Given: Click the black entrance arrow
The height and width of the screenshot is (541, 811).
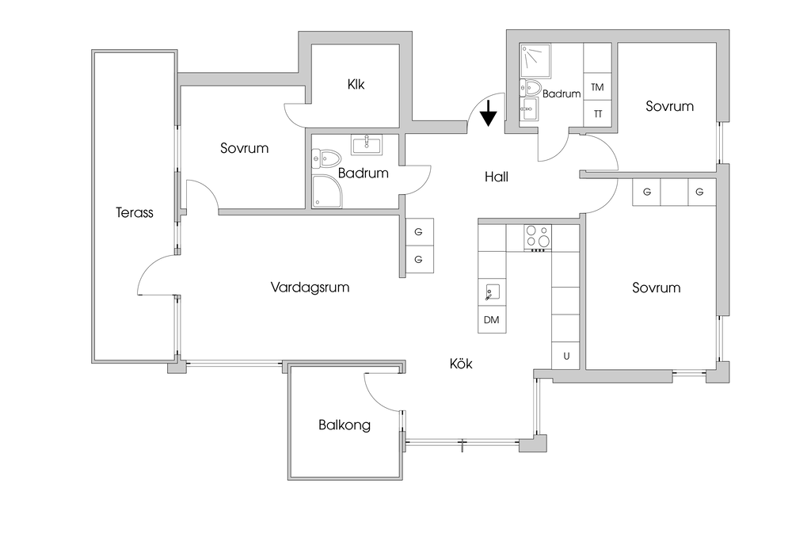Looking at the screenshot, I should [x=489, y=112].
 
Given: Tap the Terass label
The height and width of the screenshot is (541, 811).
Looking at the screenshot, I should [x=135, y=212].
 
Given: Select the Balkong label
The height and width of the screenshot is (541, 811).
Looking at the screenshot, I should [x=345, y=425].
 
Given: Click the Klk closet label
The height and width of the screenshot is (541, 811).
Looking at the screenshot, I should [x=356, y=84].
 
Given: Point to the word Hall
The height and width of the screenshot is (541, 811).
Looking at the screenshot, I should [x=497, y=177].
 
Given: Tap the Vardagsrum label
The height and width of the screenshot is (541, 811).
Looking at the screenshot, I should [x=310, y=287].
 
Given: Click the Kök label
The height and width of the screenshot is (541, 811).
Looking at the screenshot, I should [x=461, y=364].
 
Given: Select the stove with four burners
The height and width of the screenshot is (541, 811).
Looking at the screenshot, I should [x=538, y=237].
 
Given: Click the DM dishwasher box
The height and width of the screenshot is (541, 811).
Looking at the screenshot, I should [x=492, y=321].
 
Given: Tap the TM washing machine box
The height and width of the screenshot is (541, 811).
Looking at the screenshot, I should [x=597, y=87].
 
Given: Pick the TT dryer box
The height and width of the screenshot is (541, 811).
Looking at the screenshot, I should [x=597, y=114].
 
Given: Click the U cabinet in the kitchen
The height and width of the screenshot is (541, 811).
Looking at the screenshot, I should [x=566, y=356].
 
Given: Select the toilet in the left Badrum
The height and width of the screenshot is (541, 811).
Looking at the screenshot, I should [x=326, y=158].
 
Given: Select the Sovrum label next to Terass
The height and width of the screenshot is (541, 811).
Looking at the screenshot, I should [x=245, y=148].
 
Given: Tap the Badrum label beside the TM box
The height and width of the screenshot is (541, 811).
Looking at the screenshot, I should [x=562, y=93].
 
